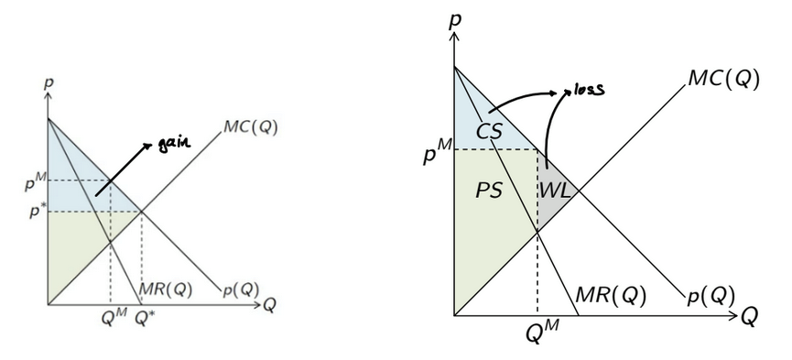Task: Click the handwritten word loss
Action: [x=591, y=90]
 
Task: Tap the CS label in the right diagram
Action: [x=488, y=132]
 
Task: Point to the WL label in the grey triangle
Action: [x=555, y=191]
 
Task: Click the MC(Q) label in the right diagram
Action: [x=724, y=78]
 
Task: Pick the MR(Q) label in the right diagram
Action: [x=610, y=296]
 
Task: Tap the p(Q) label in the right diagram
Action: [x=711, y=296]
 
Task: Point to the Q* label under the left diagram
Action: [x=145, y=320]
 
